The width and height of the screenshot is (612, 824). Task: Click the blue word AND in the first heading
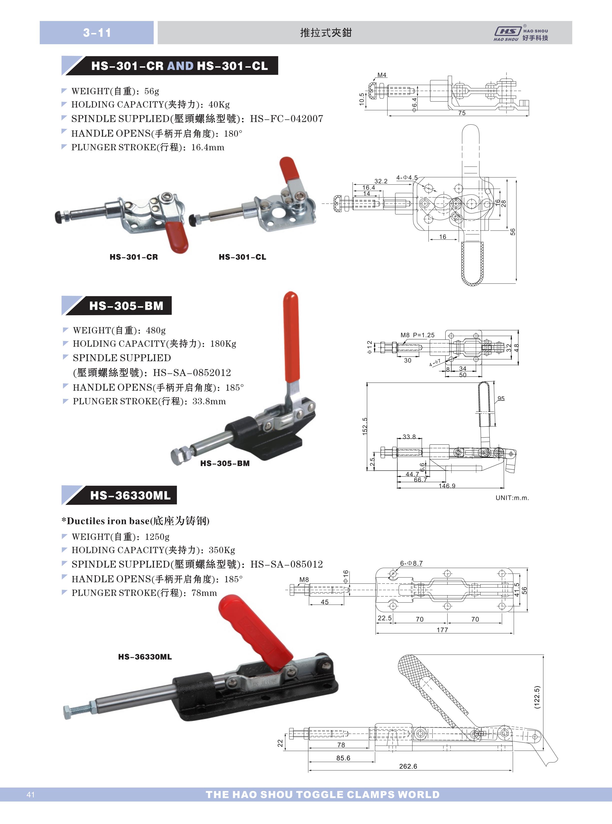pos(180,66)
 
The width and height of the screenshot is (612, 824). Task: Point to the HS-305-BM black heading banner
pos(117,306)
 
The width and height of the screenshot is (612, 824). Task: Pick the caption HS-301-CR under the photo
pos(134,257)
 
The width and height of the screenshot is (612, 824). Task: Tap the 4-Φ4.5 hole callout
pos(407,178)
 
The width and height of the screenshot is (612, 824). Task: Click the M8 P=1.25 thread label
pos(418,335)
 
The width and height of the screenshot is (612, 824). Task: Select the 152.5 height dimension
pos(365,426)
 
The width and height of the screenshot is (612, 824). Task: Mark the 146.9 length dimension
pos(447,486)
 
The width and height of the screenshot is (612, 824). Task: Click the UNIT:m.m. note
pos(512,498)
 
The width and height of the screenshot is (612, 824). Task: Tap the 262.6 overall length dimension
pos(408,766)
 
